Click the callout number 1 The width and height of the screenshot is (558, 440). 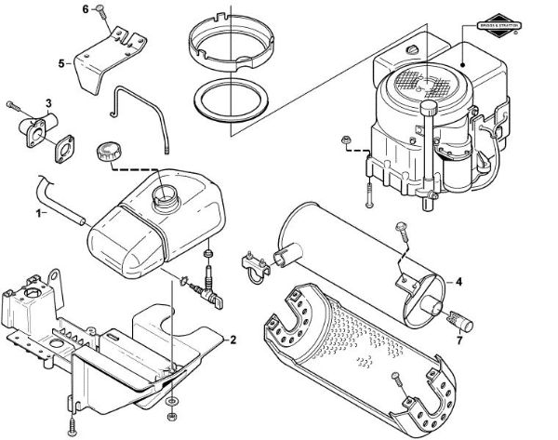pos(39,213)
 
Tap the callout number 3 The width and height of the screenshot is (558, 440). pos(48,101)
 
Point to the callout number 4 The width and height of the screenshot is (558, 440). pos(458,280)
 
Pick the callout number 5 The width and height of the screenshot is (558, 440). pos(61,63)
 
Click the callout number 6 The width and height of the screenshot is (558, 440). pos(86,9)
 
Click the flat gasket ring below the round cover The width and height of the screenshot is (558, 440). pos(232,97)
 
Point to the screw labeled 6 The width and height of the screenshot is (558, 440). pos(102,13)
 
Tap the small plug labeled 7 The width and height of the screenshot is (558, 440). pos(456,320)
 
